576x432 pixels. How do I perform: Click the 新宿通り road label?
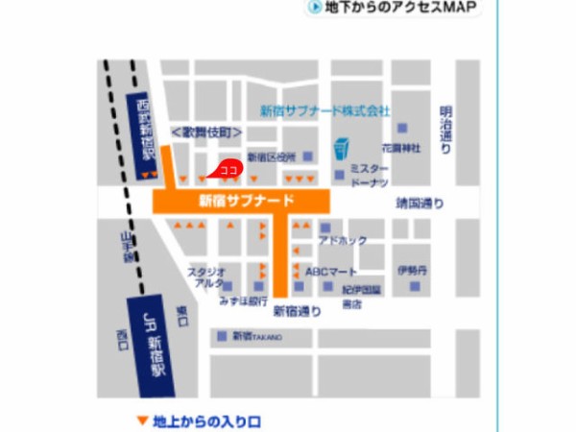click(298, 311)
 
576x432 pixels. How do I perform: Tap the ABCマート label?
click(331, 272)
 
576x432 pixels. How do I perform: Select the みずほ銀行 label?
click(242, 301)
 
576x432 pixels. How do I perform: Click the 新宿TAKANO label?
click(253, 336)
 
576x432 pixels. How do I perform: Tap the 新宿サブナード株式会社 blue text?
click(325, 111)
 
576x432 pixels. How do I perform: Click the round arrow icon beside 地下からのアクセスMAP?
click(314, 8)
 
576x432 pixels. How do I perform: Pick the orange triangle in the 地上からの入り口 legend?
click(143, 420)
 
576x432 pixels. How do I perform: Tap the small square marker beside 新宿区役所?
click(307, 156)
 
